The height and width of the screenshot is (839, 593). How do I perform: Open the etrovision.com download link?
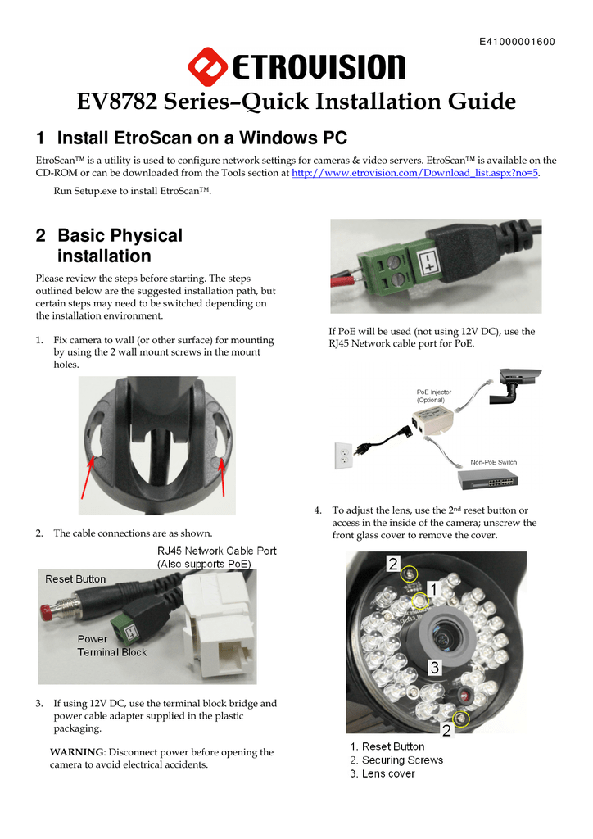point(415,174)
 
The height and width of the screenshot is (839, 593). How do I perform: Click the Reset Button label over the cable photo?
point(75,579)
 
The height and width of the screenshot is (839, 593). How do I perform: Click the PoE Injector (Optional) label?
point(434,396)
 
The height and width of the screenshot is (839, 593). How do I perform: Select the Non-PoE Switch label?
point(493,462)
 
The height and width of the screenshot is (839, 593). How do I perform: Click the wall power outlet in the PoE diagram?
point(343,456)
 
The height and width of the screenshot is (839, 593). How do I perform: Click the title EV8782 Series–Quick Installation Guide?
point(296,102)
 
